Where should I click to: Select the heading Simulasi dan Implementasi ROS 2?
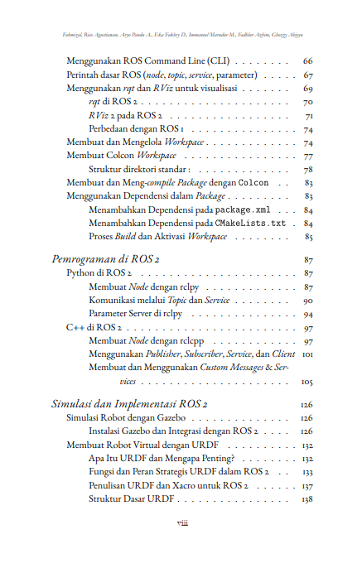129,404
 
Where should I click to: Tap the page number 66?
307,61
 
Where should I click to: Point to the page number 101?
306,354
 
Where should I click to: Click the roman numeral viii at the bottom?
181,523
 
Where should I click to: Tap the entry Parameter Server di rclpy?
136,315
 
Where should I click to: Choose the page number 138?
306,499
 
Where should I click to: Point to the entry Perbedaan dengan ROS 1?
136,130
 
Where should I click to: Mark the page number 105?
306,382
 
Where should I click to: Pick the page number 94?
307,315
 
